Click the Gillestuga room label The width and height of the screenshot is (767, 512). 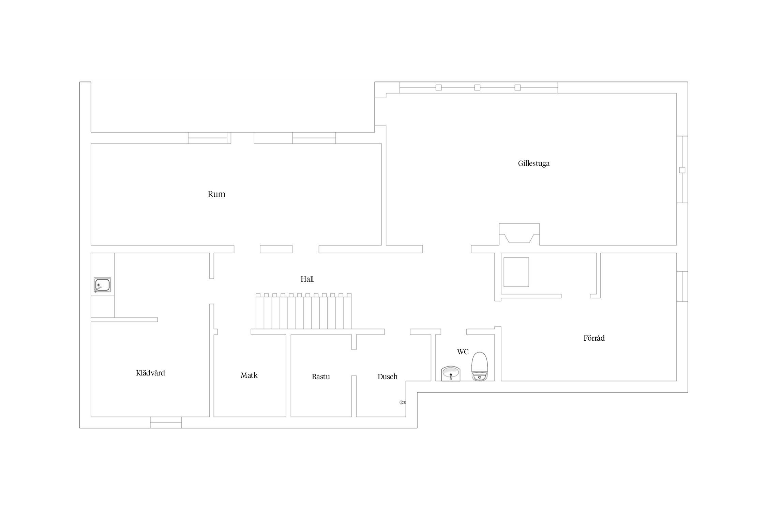coord(533,163)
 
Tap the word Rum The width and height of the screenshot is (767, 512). coord(216,194)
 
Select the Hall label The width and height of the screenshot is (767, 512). coord(307,279)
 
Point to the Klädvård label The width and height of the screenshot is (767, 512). coord(150,373)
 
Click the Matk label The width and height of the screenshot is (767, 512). coord(249,375)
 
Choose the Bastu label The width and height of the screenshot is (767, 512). coord(321,377)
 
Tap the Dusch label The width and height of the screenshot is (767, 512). coord(388,377)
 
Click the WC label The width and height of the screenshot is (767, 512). coord(463,352)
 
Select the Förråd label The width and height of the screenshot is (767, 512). coord(594,338)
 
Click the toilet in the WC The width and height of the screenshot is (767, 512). coord(480,366)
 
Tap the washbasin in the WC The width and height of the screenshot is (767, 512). coord(451,374)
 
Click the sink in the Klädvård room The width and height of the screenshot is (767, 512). coord(102,285)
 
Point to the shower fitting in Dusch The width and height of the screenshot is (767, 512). coord(403,402)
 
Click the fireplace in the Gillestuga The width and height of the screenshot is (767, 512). coord(519,234)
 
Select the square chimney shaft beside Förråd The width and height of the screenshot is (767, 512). coord(516,272)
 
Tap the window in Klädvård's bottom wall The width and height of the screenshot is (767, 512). coord(166,423)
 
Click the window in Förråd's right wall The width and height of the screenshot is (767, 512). coord(682,286)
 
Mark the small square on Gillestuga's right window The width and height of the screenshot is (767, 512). coord(682,170)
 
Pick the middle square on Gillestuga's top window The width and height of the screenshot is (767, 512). coord(477,88)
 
